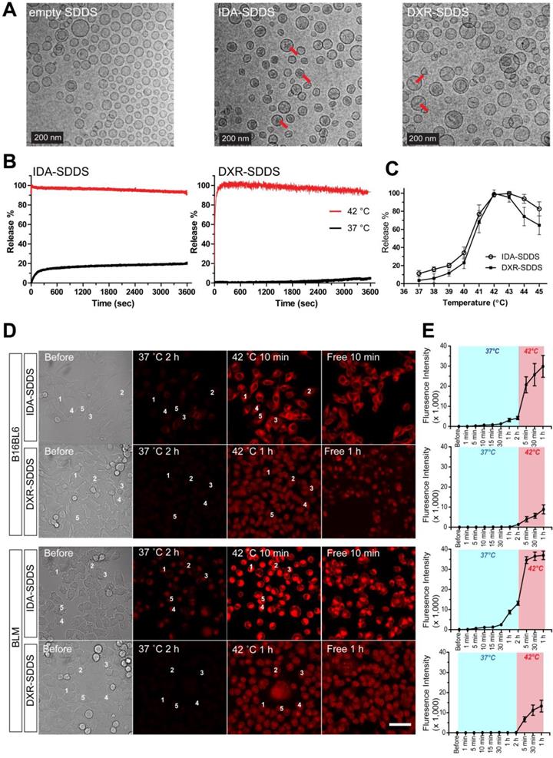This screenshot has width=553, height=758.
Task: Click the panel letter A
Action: click(10, 10)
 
